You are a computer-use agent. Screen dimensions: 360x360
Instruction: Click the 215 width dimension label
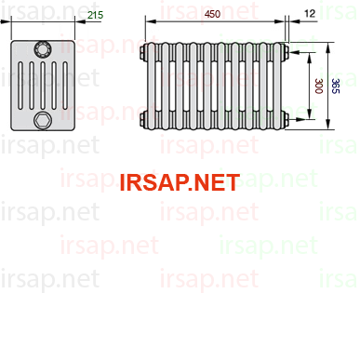(x=95, y=15)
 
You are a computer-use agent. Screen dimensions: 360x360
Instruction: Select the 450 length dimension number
(x=213, y=14)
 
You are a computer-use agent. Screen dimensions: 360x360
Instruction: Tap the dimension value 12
(x=310, y=13)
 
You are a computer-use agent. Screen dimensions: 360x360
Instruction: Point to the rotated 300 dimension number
(x=318, y=86)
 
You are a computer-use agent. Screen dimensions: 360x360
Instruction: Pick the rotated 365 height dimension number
(x=336, y=86)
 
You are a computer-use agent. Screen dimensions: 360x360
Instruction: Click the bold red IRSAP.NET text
(x=180, y=182)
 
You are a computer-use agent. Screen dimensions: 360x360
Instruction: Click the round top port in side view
(x=43, y=49)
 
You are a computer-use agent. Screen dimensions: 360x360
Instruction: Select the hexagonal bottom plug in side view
(x=43, y=121)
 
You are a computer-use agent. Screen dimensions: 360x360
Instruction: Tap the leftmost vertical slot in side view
(x=20, y=86)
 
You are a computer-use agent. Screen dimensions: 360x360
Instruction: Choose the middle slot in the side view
(x=43, y=86)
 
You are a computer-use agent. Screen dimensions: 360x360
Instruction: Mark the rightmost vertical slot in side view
(x=65, y=86)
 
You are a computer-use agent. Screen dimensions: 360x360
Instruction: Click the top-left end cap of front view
(x=143, y=52)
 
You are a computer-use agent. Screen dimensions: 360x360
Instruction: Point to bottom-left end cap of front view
(x=143, y=119)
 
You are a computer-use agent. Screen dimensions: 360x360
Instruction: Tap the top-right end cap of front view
(x=287, y=52)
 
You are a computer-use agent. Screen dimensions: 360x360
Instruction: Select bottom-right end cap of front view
(x=287, y=119)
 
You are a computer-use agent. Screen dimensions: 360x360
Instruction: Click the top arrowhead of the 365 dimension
(x=328, y=47)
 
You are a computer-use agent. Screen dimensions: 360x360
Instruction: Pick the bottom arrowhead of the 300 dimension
(x=309, y=114)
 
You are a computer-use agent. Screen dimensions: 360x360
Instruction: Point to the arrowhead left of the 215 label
(x=80, y=21)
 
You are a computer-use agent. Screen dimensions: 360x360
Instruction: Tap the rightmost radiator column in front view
(x=277, y=86)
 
